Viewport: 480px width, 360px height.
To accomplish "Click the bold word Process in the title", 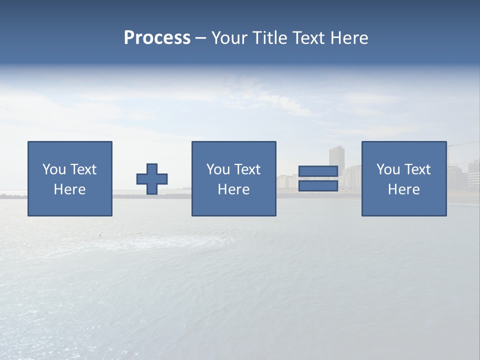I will pos(157,38).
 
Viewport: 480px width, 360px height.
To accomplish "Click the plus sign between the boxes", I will pos(152,179).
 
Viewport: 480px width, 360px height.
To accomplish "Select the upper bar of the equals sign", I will pos(318,171).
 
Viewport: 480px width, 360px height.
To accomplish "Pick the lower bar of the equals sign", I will pos(318,186).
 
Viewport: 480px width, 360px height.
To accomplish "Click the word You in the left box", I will pos(54,169).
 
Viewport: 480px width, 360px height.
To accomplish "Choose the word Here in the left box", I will pos(70,189).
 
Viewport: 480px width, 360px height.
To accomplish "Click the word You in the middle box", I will pos(218,169).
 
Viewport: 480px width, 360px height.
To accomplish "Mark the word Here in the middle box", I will pos(234,189).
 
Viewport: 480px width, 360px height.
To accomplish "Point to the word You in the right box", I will pos(388,169).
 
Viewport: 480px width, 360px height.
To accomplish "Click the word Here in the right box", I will pos(404,189).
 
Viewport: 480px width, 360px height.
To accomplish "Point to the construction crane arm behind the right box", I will pos(462,144).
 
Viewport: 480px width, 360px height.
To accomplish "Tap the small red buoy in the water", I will pos(100,234).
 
